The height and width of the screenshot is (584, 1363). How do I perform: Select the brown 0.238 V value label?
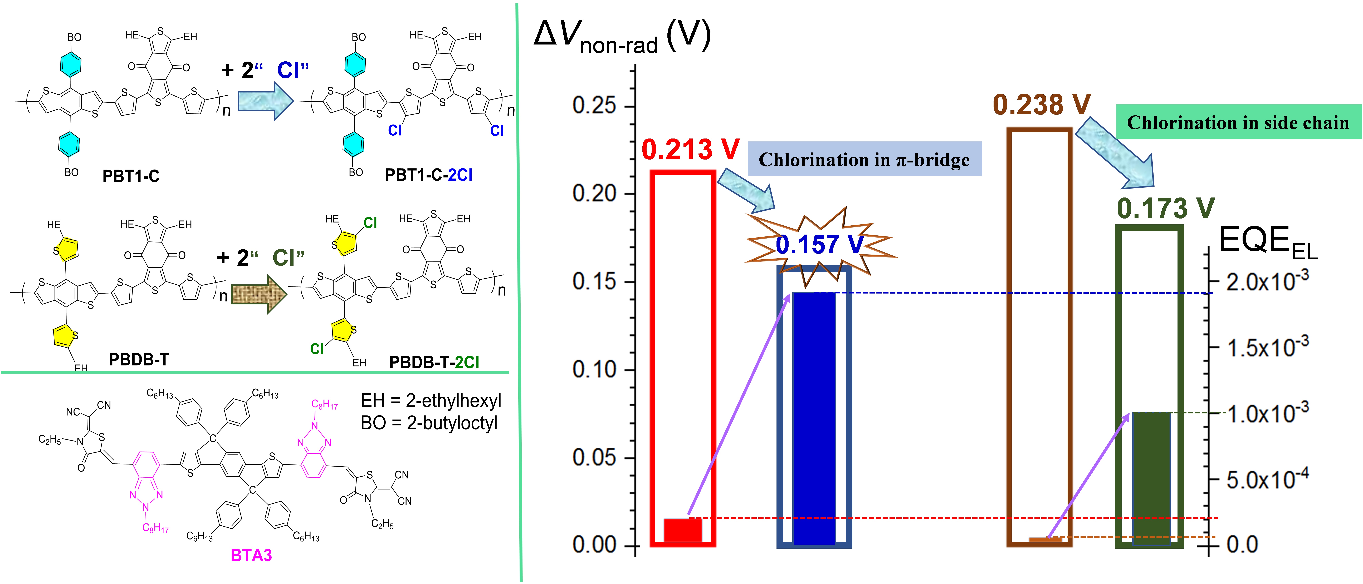1041,105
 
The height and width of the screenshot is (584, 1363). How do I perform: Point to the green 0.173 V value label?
1165,208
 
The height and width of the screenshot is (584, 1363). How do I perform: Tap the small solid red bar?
683,530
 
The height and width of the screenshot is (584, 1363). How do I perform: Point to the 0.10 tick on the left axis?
594,369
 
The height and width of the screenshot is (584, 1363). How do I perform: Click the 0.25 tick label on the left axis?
594,106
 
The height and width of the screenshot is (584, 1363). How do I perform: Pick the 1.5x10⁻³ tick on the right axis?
1267,348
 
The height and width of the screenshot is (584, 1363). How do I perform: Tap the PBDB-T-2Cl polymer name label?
434,362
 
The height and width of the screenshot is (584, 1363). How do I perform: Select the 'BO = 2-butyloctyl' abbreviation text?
429,423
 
